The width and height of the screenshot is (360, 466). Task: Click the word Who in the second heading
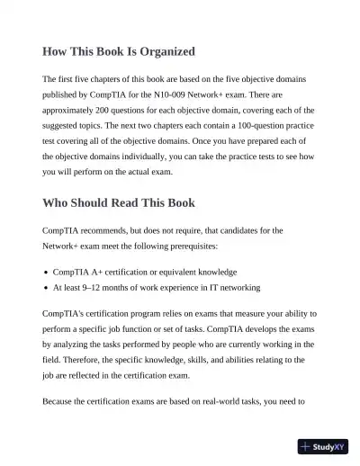58,202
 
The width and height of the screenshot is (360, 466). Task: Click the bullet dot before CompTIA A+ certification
45,272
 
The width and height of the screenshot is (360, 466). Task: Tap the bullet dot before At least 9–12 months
45,288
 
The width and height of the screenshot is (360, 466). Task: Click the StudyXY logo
323,445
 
